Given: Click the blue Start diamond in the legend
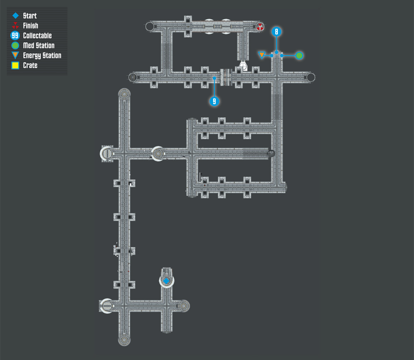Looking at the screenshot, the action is click(x=16, y=16).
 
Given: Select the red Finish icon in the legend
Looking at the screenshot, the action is click(x=15, y=26).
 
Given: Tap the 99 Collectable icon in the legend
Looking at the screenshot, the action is click(x=15, y=35).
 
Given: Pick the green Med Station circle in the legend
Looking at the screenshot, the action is click(x=15, y=46).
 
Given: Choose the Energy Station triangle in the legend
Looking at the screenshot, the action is click(x=15, y=55).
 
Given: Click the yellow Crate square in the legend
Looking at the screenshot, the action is click(x=15, y=65).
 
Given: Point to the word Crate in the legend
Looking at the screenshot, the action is click(x=30, y=65).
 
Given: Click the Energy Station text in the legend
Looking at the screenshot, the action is click(x=42, y=55).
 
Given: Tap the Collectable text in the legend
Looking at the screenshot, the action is click(x=37, y=35).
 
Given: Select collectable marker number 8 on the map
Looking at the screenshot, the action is click(x=277, y=32).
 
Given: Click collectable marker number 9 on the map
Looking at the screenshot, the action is click(x=214, y=101).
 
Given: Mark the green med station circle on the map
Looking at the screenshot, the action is click(x=299, y=55).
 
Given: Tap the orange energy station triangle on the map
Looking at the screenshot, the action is click(x=262, y=55).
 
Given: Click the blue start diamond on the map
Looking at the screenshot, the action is click(x=166, y=281).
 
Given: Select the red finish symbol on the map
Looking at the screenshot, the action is click(x=260, y=26).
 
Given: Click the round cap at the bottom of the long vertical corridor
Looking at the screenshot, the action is click(x=124, y=340).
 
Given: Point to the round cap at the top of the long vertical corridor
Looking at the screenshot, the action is click(x=124, y=94).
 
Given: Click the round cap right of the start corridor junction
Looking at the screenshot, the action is click(x=183, y=306).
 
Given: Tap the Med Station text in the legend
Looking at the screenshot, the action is click(x=39, y=46).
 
